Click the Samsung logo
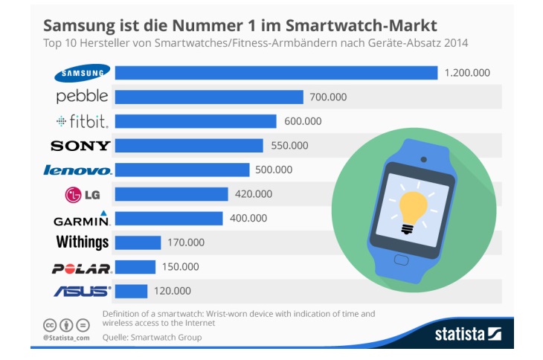coord(83,72)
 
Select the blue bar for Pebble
coord(210,97)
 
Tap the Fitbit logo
coord(82,121)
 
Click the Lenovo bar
coord(183,170)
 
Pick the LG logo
coord(83,195)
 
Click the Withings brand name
coord(83,242)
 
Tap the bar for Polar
coord(135,267)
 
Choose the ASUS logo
coord(83,292)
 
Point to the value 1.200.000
coord(467,72)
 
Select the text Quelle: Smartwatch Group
coord(152,337)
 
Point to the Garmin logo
coord(83,219)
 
